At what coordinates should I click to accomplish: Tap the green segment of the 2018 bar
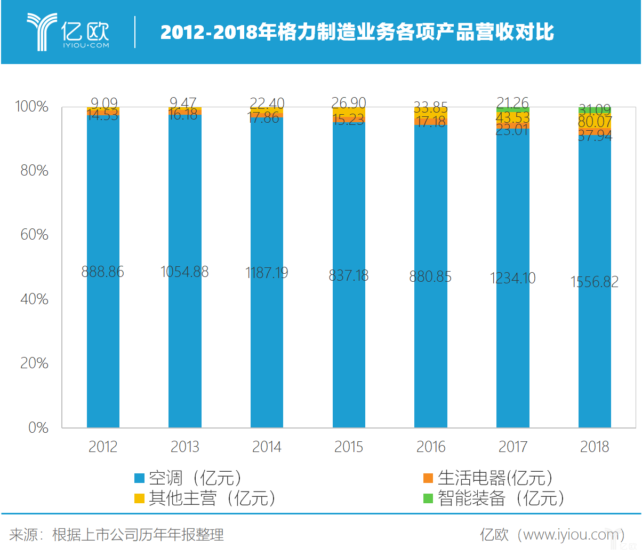point(595,110)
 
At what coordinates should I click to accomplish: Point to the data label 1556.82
point(595,282)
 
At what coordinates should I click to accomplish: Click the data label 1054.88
point(184,272)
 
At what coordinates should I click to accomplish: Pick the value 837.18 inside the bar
point(349,275)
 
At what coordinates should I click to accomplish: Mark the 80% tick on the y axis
point(34,171)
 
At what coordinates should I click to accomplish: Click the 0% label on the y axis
point(38,427)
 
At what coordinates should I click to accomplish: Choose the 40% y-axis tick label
point(34,299)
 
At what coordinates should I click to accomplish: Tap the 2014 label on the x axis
point(267,447)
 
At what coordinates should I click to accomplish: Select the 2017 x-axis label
point(512,447)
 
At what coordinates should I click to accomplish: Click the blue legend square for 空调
point(140,478)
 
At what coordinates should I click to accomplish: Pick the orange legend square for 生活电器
point(428,478)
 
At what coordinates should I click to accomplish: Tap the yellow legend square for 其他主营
point(140,498)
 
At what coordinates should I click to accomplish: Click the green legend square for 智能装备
point(428,498)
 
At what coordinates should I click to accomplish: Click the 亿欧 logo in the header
point(68,32)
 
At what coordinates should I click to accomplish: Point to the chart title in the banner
point(357,33)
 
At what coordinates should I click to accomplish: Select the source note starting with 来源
point(116,534)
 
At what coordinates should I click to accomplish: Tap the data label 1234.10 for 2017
point(512,278)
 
